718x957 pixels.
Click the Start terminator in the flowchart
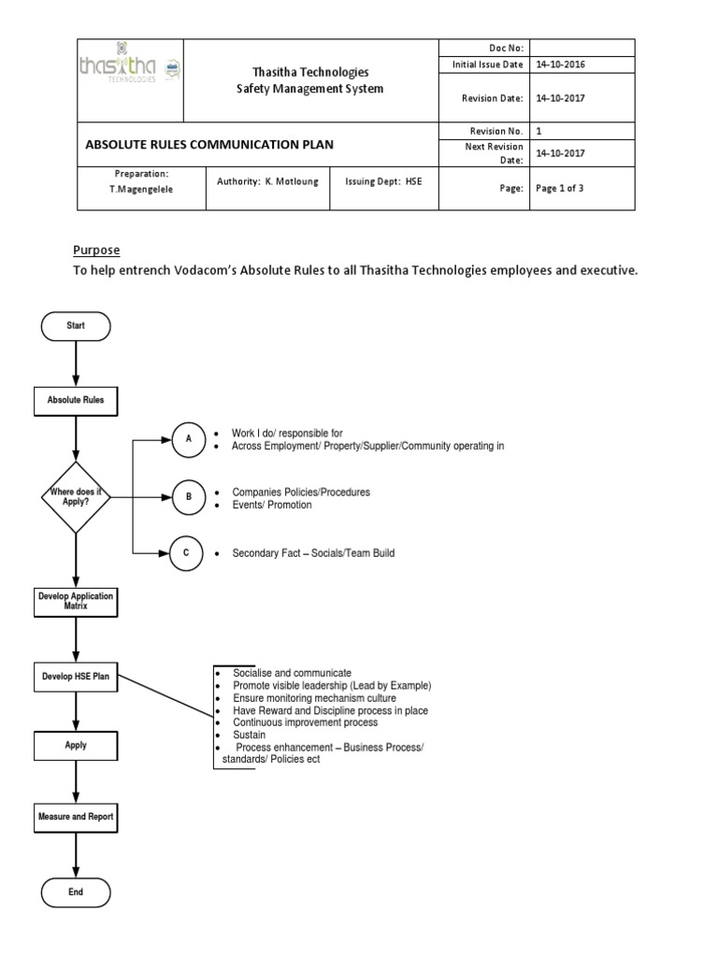click(x=76, y=326)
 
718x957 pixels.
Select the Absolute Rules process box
click(x=76, y=400)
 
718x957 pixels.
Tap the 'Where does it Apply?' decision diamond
click(x=76, y=496)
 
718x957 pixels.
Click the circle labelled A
click(x=189, y=439)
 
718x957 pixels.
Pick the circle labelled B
click(x=189, y=497)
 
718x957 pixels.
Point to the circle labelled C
click(x=187, y=553)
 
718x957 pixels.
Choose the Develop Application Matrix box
click(x=76, y=601)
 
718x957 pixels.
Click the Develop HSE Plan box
click(x=76, y=676)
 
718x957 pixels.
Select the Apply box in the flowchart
click(x=76, y=745)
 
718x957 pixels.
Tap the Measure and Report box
click(x=76, y=816)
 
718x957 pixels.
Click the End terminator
click(x=76, y=892)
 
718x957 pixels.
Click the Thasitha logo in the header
click(x=129, y=68)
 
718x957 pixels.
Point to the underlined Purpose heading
click(x=97, y=250)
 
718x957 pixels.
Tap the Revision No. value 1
click(x=538, y=132)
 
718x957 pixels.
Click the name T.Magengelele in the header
click(x=141, y=189)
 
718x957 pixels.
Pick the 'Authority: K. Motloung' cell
click(x=267, y=181)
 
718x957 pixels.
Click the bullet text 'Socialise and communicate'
click(x=292, y=673)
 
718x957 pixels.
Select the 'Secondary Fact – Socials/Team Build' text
click(x=313, y=553)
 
